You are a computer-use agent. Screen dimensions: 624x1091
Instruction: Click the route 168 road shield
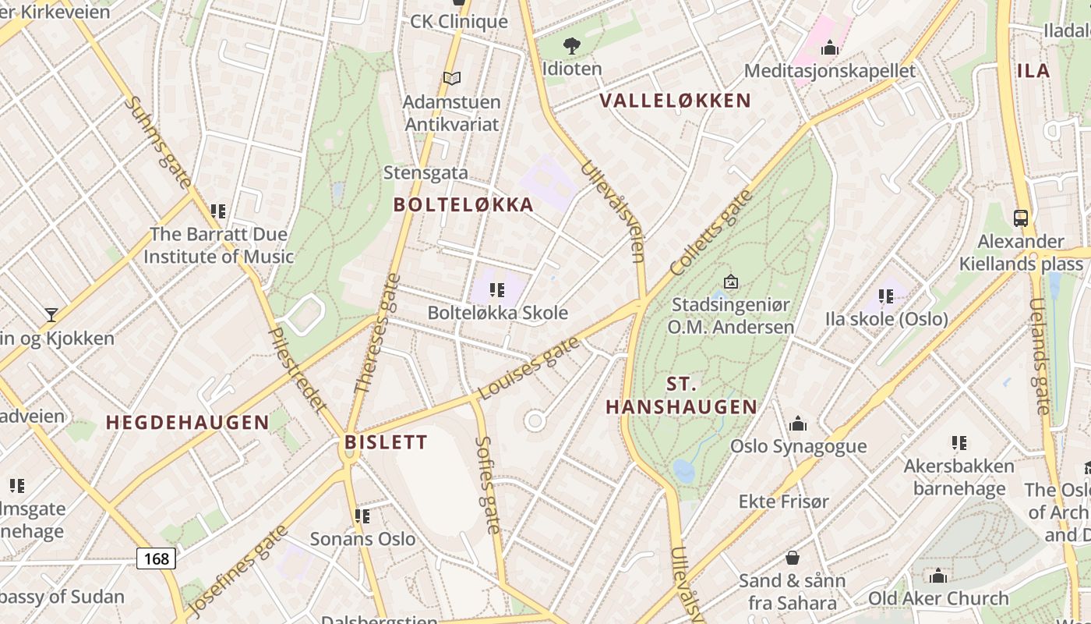pyautogui.click(x=156, y=558)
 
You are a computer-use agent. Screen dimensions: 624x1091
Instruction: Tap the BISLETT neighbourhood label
pyautogui.click(x=387, y=443)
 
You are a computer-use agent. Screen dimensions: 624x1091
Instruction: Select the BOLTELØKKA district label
pyautogui.click(x=464, y=205)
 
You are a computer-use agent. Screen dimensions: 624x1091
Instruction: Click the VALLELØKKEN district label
pyautogui.click(x=676, y=101)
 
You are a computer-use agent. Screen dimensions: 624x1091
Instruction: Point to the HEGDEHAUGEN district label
pyautogui.click(x=188, y=423)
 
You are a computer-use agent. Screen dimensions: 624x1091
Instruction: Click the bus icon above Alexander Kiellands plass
pyautogui.click(x=1021, y=218)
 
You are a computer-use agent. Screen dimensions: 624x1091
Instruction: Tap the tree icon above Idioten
pyautogui.click(x=572, y=46)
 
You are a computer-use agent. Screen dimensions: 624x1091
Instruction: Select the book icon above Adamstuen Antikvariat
pyautogui.click(x=452, y=78)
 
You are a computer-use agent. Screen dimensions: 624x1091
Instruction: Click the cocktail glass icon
pyautogui.click(x=51, y=315)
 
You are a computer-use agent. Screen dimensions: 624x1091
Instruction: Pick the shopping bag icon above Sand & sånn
pyautogui.click(x=793, y=558)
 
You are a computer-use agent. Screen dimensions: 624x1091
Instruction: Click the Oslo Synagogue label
pyautogui.click(x=798, y=446)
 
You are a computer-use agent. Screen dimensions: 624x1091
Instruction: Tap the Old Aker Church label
pyautogui.click(x=938, y=599)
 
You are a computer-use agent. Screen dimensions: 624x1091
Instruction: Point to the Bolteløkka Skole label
pyautogui.click(x=497, y=313)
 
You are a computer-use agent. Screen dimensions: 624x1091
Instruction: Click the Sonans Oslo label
pyautogui.click(x=362, y=539)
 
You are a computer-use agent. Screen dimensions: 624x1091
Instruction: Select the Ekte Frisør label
pyautogui.click(x=783, y=501)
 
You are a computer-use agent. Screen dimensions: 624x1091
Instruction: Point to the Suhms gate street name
pyautogui.click(x=157, y=142)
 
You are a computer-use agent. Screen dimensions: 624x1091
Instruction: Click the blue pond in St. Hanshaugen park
pyautogui.click(x=683, y=471)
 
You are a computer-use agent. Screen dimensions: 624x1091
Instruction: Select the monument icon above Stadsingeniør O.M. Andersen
pyautogui.click(x=730, y=282)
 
